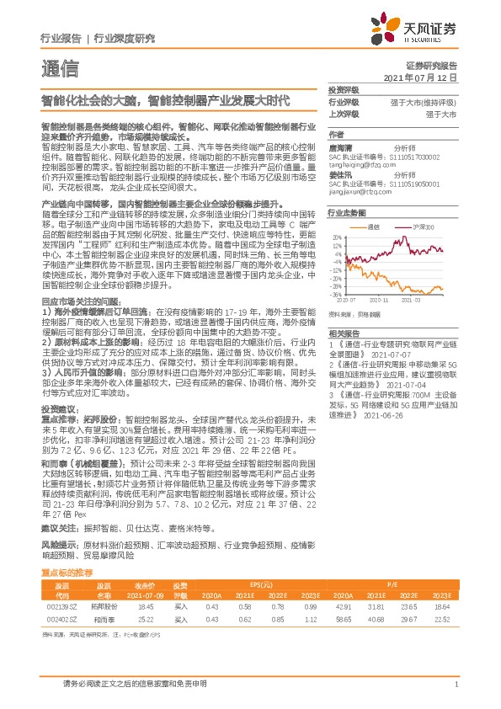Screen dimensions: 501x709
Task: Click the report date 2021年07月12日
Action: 419,77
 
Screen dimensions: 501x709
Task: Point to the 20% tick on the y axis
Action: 337,237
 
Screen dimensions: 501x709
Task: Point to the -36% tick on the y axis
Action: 336,295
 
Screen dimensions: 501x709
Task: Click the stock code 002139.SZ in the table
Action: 61,605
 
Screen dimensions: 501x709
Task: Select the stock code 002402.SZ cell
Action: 61,618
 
